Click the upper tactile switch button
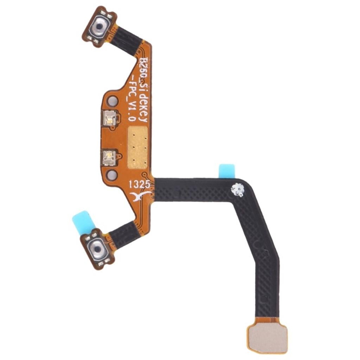point(99,27)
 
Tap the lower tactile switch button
point(97,249)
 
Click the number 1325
point(140,184)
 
